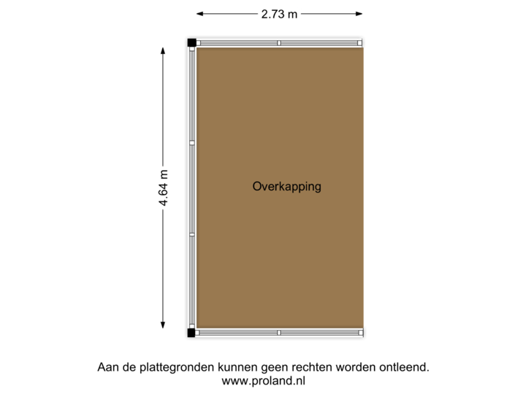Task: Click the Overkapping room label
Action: pos(286,187)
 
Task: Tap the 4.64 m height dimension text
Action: pos(164,188)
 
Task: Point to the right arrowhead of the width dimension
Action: pos(361,13)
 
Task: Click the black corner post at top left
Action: pos(189,42)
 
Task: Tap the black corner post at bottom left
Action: pos(189,333)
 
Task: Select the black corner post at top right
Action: pos(362,42)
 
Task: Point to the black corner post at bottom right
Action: pos(362,333)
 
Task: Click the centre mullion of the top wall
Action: pos(279,43)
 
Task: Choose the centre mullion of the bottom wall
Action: pos(279,333)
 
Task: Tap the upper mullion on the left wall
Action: pos(192,143)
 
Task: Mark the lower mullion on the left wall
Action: pos(192,234)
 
